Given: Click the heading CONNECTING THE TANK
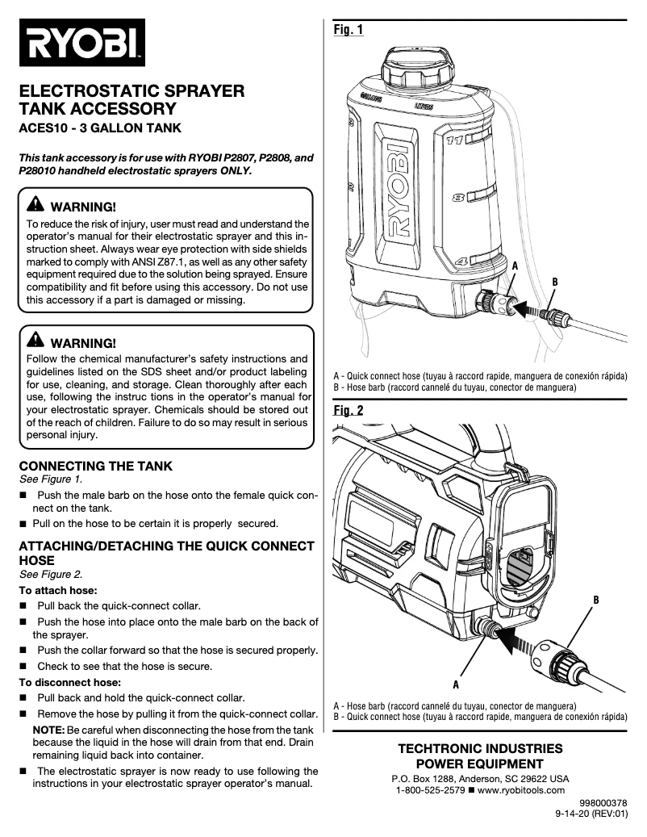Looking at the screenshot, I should [x=95, y=467].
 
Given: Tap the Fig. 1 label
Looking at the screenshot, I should [x=349, y=30].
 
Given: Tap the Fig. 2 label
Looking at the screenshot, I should [x=349, y=411].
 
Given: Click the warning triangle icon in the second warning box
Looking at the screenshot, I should [x=36, y=342].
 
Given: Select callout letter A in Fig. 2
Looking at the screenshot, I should [x=455, y=684].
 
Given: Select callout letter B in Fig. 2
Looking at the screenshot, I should [x=595, y=600].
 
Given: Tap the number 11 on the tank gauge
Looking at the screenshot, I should [x=454, y=140].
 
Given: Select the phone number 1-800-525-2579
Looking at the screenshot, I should [x=430, y=790].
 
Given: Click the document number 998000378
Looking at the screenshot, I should [x=603, y=803].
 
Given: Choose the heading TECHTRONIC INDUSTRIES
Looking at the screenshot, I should [x=480, y=749].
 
